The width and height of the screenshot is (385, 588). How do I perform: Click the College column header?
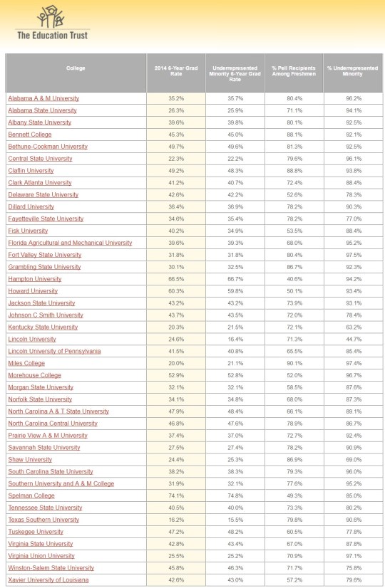coord(76,68)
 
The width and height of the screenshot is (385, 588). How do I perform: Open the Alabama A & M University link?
coord(43,98)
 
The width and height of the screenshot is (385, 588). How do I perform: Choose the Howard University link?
coord(34,291)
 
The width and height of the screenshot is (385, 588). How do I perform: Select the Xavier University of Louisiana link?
coord(48,581)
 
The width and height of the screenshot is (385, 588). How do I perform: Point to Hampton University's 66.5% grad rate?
coord(175,279)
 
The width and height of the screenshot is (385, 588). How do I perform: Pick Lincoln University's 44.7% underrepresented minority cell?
coord(353,340)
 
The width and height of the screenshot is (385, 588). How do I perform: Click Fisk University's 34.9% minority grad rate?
coord(235,231)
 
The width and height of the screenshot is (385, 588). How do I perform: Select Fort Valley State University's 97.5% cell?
coord(353,255)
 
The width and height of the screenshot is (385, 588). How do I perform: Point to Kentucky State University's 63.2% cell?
coord(353,327)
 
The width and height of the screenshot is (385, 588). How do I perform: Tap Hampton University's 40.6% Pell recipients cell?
coord(294,279)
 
